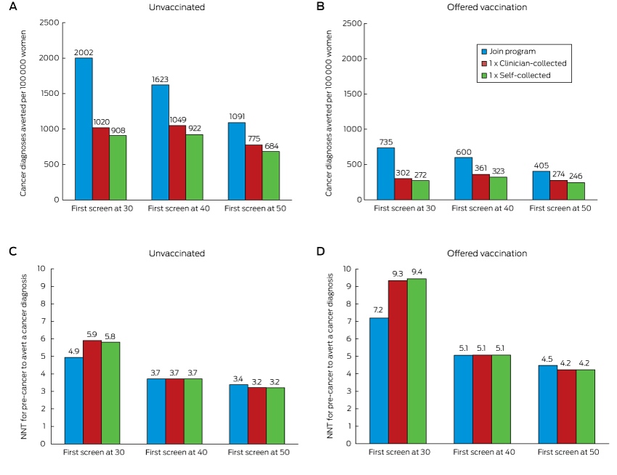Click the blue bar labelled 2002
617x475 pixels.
(83, 129)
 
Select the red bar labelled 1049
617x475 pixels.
(177, 163)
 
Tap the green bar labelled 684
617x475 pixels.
(271, 175)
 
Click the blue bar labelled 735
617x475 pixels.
(385, 174)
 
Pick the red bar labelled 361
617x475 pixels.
(481, 187)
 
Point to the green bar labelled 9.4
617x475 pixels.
(417, 361)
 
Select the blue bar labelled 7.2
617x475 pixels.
(379, 381)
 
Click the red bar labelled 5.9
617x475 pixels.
(92, 392)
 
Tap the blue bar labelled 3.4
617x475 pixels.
(239, 414)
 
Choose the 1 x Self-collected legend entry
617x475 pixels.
(516, 76)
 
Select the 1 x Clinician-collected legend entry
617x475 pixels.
(524, 63)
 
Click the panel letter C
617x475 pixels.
(12, 251)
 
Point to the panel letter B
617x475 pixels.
(320, 7)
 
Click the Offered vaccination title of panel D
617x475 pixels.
(487, 253)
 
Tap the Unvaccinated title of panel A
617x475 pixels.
(176, 7)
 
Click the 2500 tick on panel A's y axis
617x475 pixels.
(49, 23)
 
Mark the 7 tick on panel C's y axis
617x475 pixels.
(43, 322)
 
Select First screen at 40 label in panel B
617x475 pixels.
(483, 208)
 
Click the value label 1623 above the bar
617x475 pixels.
(160, 79)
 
